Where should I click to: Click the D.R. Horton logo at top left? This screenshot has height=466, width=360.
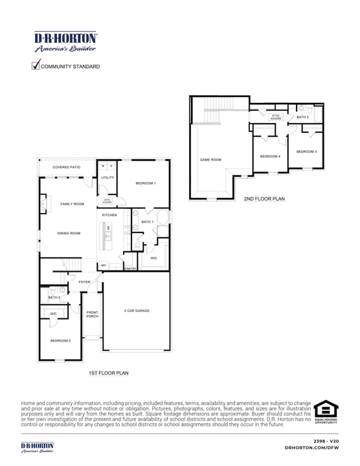click(x=62, y=40)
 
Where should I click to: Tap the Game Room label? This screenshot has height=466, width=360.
click(x=210, y=159)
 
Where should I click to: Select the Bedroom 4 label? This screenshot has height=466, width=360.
click(x=269, y=156)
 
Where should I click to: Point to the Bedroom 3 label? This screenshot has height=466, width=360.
click(x=306, y=151)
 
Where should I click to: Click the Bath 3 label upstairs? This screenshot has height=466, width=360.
click(x=303, y=117)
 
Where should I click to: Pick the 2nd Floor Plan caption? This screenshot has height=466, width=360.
click(x=264, y=198)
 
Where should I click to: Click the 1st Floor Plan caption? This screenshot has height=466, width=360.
click(x=109, y=373)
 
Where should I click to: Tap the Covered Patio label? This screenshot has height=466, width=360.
click(x=67, y=167)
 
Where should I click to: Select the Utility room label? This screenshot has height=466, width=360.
click(x=107, y=177)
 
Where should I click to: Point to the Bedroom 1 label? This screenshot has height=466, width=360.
click(x=146, y=184)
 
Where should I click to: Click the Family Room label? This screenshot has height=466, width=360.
click(x=72, y=204)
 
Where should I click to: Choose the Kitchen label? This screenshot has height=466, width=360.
click(x=109, y=214)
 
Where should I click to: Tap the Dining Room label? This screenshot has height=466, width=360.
click(x=69, y=233)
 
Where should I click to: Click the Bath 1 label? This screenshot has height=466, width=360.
click(x=147, y=222)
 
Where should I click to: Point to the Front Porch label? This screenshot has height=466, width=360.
click(x=93, y=315)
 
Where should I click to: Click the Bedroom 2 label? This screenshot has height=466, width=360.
click(x=61, y=340)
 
